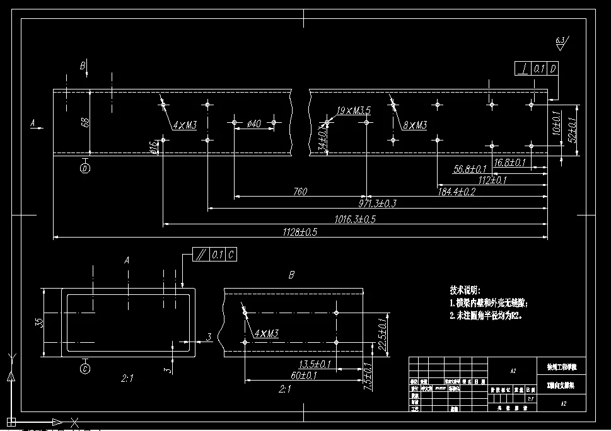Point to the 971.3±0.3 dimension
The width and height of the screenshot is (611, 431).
378,203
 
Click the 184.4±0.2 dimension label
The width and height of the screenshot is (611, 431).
457,192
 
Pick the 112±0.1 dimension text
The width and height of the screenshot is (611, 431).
492,180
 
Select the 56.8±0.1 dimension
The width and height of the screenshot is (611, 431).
470,169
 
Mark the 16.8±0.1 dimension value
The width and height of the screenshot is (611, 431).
509,163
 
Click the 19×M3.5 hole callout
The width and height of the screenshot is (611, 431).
353,111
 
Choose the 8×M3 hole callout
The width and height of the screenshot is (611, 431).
414,125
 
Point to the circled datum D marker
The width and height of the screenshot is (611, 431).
85,168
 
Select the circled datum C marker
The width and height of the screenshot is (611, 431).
85,369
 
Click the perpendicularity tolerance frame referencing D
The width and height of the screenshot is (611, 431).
537,69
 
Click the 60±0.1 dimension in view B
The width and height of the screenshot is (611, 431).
303,376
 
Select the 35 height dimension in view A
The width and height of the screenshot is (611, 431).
39,322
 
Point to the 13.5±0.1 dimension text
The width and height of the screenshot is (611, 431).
316,364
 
